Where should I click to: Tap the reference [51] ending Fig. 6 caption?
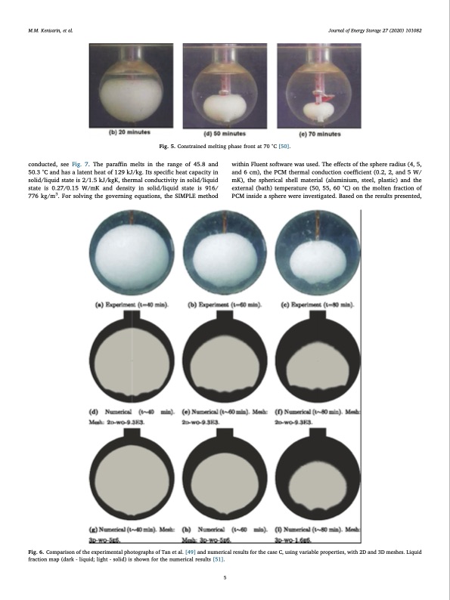(217, 562)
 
